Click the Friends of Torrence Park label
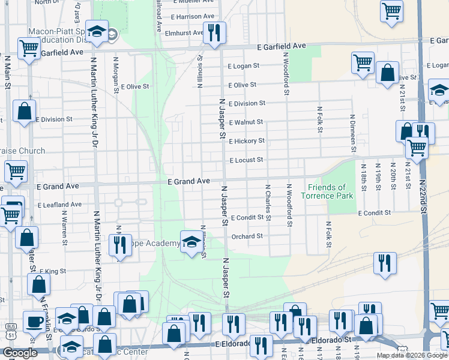click(327, 191)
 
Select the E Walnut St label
click(246, 122)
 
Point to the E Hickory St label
click(246, 141)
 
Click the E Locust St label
click(246, 160)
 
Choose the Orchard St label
click(247, 236)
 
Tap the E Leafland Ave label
click(59, 205)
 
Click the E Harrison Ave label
click(193, 16)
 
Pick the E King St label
click(55, 272)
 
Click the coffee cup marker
click(33, 321)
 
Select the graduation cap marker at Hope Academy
click(191, 241)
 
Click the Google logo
click(20, 353)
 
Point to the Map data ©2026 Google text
click(411, 355)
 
